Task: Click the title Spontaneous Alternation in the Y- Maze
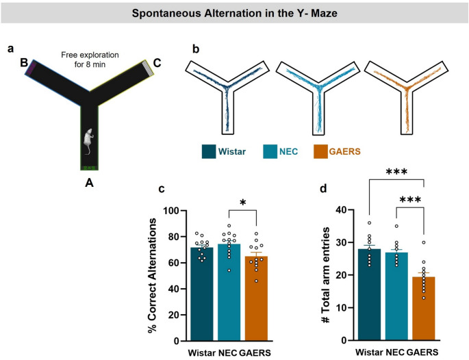234,13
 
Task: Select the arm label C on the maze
158,64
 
